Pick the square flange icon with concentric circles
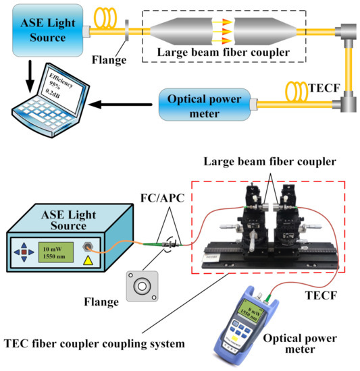coord(143,285)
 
